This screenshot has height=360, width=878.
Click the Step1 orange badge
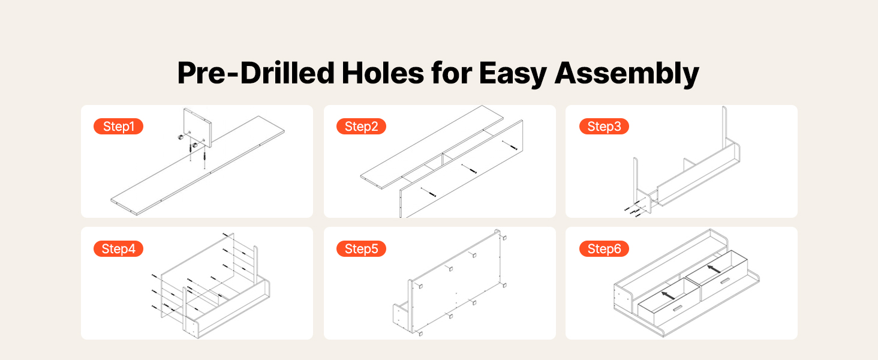(118, 126)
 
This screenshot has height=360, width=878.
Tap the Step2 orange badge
(361, 126)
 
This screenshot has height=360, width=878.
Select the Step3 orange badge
(604, 126)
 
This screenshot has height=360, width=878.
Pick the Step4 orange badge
(118, 248)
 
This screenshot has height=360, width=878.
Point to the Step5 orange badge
(361, 248)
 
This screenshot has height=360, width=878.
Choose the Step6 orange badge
(604, 248)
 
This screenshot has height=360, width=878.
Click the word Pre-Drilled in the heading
(255, 73)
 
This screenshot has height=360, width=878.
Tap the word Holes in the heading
(383, 73)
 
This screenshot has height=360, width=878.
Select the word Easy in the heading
(513, 74)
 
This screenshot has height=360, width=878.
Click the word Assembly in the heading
(627, 74)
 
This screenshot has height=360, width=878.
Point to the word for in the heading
(452, 73)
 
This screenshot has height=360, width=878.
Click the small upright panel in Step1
(197, 128)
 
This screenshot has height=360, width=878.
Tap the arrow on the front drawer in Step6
(668, 295)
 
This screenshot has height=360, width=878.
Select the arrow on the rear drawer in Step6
(714, 269)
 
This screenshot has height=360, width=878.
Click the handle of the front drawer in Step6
(677, 308)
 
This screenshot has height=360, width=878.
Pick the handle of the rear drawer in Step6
(724, 281)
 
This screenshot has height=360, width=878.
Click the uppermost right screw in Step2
(510, 145)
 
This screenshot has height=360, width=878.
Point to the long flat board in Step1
(197, 166)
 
